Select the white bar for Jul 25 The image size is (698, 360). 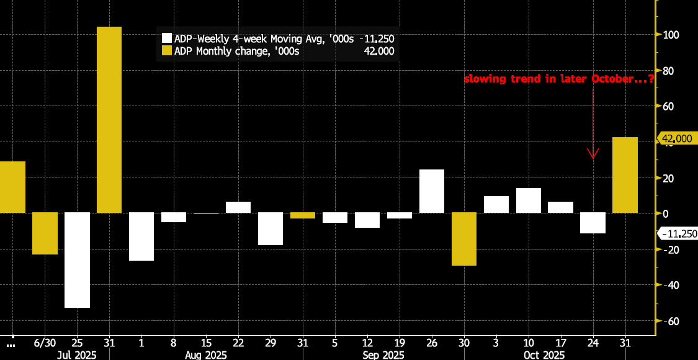77,260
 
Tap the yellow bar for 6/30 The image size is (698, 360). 45,233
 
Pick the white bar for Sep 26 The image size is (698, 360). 432,191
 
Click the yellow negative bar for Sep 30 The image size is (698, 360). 464,239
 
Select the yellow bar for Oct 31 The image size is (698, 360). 625,175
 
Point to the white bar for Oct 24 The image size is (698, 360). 593,223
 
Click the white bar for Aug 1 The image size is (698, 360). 141,236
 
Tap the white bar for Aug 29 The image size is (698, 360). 271,229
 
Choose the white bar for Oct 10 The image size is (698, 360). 529,200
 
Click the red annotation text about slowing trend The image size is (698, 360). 558,79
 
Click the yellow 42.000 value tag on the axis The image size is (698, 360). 676,138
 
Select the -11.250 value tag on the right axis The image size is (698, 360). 678,233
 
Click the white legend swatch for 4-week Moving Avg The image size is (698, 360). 166,38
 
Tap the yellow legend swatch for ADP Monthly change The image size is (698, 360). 166,51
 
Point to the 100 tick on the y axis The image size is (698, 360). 670,35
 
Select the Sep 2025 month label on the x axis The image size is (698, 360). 383,355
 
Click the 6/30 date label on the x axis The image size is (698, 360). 45,343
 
